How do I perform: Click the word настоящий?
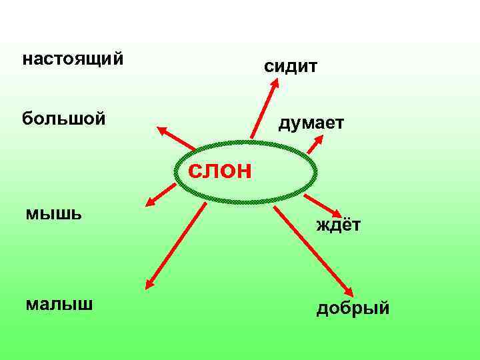point(73,59)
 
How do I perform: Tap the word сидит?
point(291,66)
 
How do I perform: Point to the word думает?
point(311,123)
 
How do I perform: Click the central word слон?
point(220,171)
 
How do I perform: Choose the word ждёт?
point(339,225)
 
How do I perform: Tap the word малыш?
point(59,304)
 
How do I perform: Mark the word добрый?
point(353,309)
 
